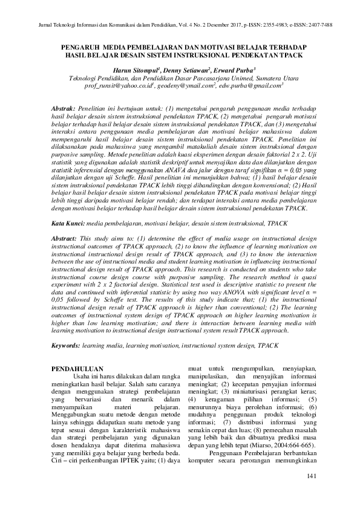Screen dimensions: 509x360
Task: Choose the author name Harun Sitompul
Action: pos(133,70)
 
